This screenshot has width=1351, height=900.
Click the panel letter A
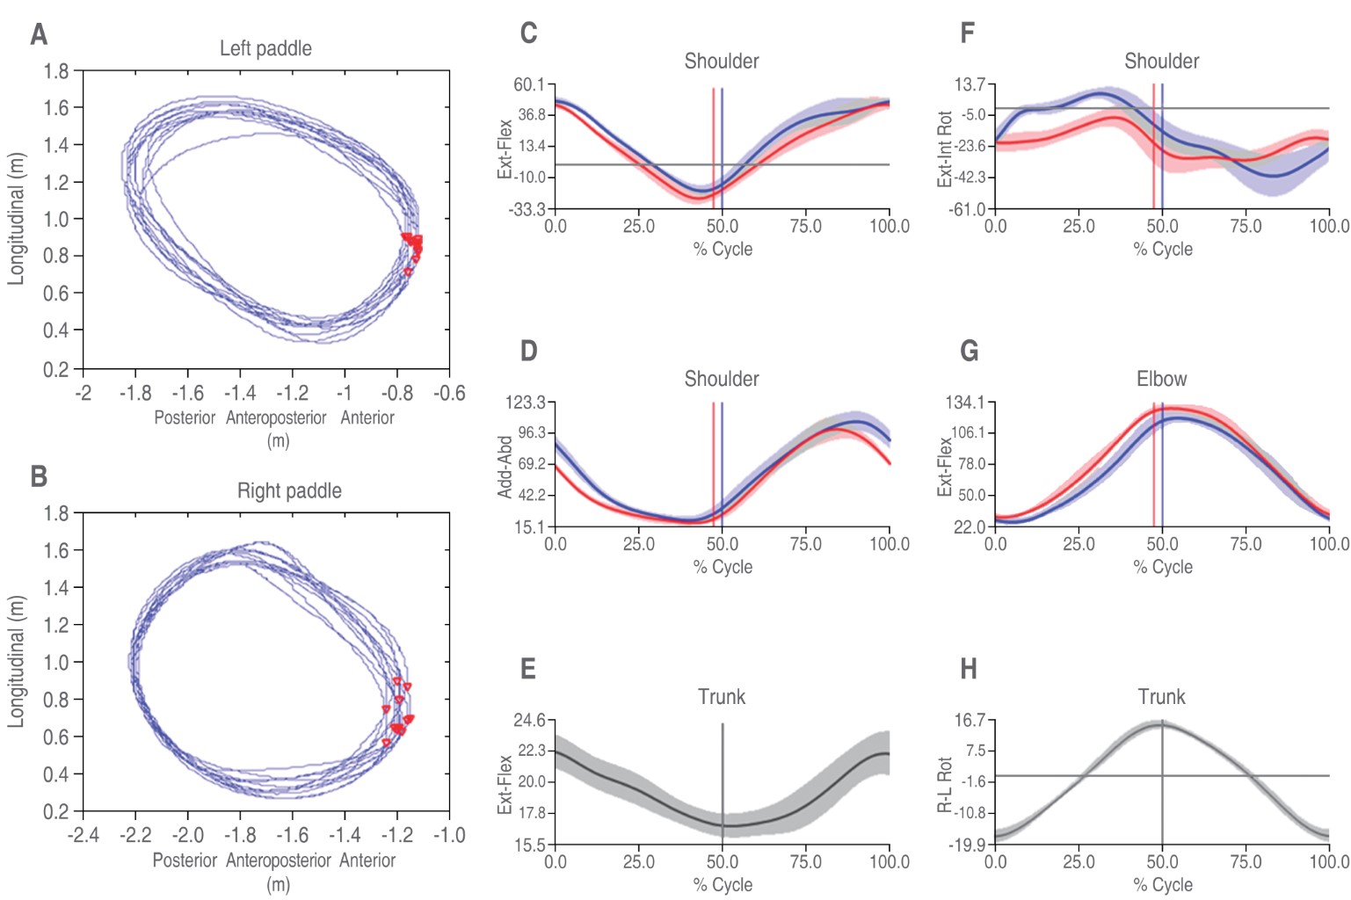tap(39, 34)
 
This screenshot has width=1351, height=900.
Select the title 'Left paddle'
tap(265, 48)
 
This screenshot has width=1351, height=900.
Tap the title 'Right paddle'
tap(289, 490)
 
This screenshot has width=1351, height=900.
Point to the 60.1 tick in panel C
tap(529, 84)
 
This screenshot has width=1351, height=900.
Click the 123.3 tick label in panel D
tap(525, 403)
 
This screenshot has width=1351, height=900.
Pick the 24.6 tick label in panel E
tap(529, 721)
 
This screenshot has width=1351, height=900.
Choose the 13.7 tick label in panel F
tap(970, 84)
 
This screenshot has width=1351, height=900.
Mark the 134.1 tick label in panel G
tap(964, 403)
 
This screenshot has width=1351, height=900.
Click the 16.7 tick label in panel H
tap(970, 721)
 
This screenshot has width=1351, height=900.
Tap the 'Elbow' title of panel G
tap(1161, 379)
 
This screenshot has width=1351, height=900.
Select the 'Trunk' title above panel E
tap(722, 697)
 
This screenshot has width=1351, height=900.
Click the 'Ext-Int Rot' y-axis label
tap(945, 149)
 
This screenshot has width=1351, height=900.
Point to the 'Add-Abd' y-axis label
tap(505, 467)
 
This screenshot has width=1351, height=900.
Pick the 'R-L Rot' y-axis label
tap(945, 784)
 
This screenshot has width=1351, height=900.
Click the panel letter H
tap(969, 670)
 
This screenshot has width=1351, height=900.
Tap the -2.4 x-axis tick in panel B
tap(84, 835)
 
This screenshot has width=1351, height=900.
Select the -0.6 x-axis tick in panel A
tap(449, 393)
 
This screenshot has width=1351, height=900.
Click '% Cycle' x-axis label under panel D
tap(723, 567)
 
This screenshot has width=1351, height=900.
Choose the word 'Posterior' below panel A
tap(185, 417)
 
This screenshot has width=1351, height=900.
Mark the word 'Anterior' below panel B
tap(367, 860)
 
